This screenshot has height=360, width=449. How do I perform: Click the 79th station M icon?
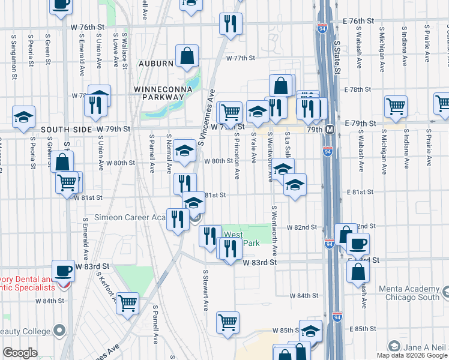[x=330, y=129]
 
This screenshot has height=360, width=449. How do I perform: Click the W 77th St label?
[x=241, y=58]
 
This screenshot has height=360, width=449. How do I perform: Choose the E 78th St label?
[x=359, y=89]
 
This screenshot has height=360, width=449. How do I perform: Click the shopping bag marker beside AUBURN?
[x=187, y=57]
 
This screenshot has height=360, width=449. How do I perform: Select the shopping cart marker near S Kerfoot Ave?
[x=127, y=304]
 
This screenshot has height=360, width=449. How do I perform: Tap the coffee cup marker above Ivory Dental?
[x=63, y=271]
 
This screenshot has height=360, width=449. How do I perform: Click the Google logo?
[x=20, y=353]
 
